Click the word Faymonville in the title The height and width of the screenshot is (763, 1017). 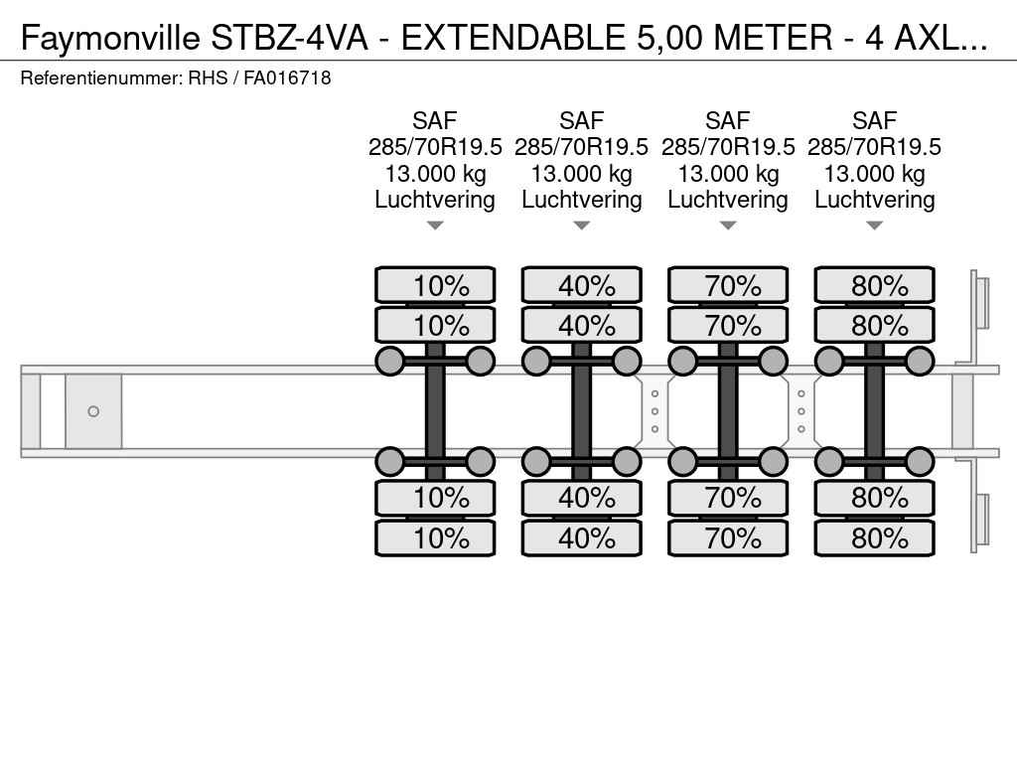[111, 38]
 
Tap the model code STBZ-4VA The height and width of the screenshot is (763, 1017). [288, 38]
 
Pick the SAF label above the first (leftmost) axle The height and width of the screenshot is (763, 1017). [435, 121]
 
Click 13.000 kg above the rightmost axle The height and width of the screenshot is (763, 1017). [874, 174]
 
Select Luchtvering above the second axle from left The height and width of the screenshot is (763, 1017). [581, 200]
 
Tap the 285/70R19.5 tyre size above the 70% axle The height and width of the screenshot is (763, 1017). [728, 147]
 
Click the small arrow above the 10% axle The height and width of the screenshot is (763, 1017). [435, 226]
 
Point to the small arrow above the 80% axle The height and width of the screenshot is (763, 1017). [874, 226]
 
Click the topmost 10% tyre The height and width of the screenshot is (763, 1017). [435, 286]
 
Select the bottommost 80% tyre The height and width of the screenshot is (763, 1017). [874, 538]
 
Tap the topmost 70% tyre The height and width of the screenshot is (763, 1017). [728, 286]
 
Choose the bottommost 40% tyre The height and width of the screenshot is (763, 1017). [581, 538]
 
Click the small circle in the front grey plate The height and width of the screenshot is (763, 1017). [93, 411]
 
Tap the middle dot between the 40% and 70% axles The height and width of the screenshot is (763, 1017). [654, 411]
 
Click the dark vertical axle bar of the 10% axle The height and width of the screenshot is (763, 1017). [435, 411]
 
